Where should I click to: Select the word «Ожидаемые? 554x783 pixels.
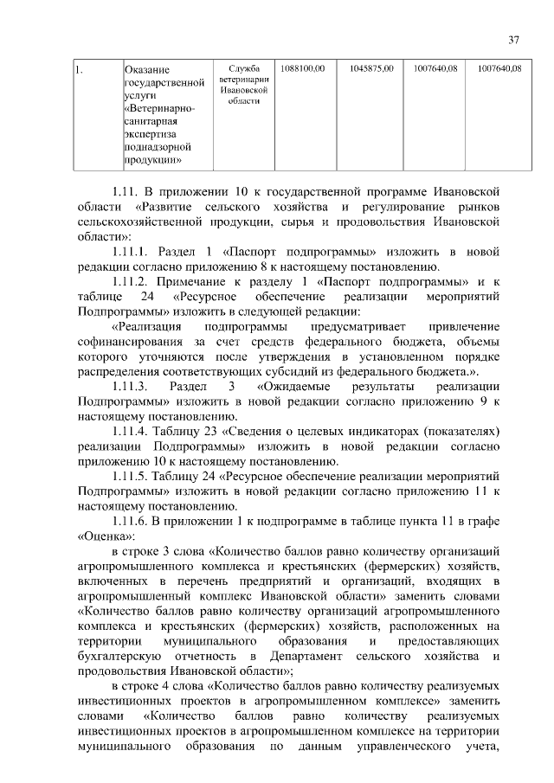[300, 386]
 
